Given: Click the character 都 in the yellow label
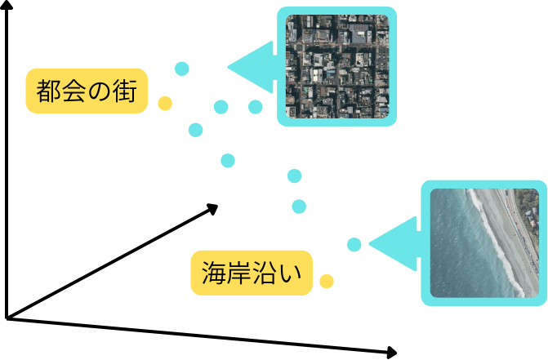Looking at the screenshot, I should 48,91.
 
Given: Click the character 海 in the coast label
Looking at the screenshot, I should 212,272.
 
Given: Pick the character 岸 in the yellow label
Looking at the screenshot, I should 238,272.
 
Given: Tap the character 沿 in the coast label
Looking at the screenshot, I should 265,272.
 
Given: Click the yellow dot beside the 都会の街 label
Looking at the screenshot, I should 165,103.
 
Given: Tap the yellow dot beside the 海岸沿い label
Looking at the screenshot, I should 327,282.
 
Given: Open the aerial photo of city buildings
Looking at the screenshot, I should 337,66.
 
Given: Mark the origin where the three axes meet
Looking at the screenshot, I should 7,317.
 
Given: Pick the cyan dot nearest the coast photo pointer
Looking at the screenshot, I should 354,244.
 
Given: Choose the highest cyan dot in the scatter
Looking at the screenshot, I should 182,68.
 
